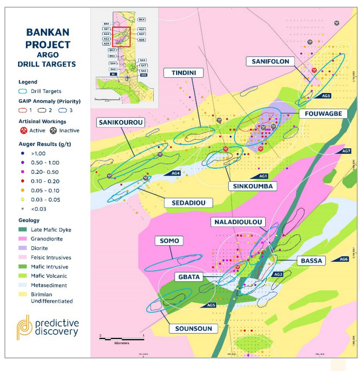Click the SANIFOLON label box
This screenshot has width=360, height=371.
[271, 61]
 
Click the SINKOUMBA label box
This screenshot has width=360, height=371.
[253, 186]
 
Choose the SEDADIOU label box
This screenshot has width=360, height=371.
[188, 203]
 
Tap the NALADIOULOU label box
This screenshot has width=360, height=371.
[237, 222]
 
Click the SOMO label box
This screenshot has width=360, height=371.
[169, 241]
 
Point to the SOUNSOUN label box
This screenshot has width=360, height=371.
[193, 328]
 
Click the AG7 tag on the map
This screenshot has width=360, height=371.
[345, 151]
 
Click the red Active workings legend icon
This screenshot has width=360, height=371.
[25, 131]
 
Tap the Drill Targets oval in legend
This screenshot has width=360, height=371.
[26, 91]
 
